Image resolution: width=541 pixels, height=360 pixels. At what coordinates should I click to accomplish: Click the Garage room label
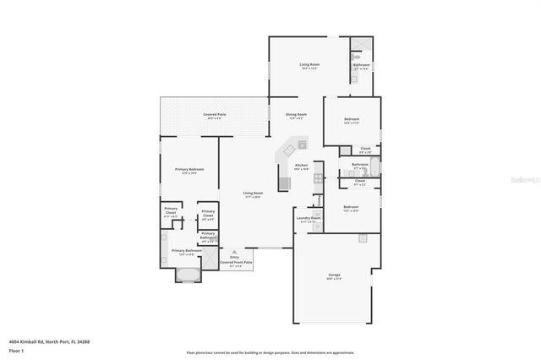tap(334, 276)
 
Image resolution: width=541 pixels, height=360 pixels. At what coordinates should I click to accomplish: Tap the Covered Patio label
tap(214, 116)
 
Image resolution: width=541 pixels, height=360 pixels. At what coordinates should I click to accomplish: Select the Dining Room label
tap(296, 116)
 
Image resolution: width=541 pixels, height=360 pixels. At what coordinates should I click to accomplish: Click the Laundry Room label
tap(309, 220)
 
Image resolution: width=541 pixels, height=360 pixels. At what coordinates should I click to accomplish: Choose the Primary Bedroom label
tap(189, 171)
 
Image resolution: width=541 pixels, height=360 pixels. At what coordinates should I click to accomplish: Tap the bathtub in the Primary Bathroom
tap(185, 274)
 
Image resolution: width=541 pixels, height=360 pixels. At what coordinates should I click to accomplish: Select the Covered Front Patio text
tap(236, 263)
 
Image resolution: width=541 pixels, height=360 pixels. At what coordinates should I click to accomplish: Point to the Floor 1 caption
tap(17, 349)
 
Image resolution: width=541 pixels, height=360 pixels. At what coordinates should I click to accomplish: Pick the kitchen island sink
tap(301, 144)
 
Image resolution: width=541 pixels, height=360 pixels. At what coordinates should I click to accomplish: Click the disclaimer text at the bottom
tap(270, 352)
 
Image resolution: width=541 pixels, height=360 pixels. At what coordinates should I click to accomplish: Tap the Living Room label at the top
tap(309, 66)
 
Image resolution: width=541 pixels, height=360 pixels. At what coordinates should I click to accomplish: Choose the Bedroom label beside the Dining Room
tap(351, 121)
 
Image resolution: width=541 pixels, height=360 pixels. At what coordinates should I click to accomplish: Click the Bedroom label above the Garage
tap(351, 208)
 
